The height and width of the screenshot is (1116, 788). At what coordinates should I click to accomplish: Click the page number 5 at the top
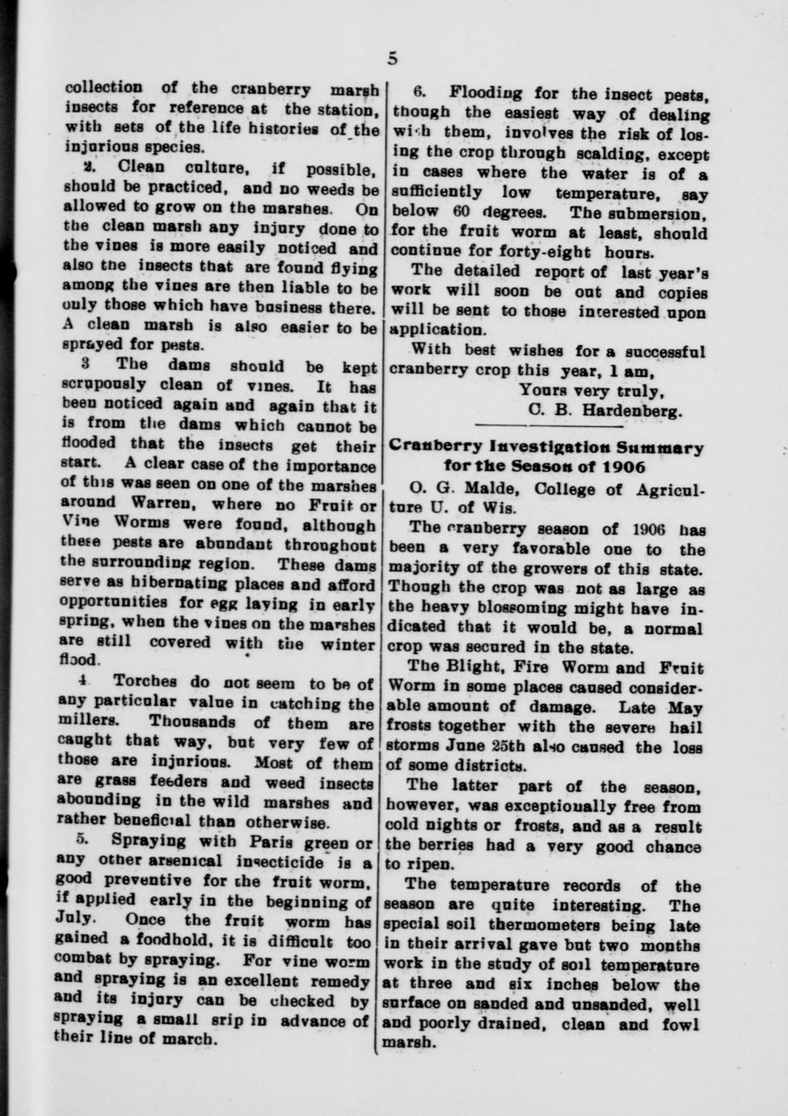(393, 57)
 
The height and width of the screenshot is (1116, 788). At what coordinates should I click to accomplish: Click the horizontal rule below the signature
(549, 426)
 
